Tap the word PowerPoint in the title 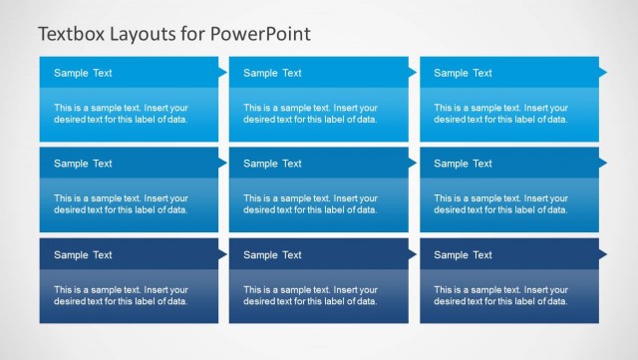click(260, 34)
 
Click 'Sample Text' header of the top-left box click(83, 73)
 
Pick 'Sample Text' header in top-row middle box click(272, 73)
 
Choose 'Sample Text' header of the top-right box click(463, 73)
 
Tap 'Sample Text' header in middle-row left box click(83, 164)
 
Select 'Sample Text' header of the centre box click(272, 164)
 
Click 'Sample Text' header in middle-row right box click(463, 164)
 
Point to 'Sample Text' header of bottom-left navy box click(83, 255)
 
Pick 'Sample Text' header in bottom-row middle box click(272, 255)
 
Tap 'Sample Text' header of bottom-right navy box click(463, 255)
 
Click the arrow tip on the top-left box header click(223, 72)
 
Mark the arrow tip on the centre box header click(413, 164)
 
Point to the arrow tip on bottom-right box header click(603, 254)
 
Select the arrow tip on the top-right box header click(603, 72)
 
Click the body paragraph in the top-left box click(121, 113)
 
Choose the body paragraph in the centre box click(310, 203)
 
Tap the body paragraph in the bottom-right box click(500, 295)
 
